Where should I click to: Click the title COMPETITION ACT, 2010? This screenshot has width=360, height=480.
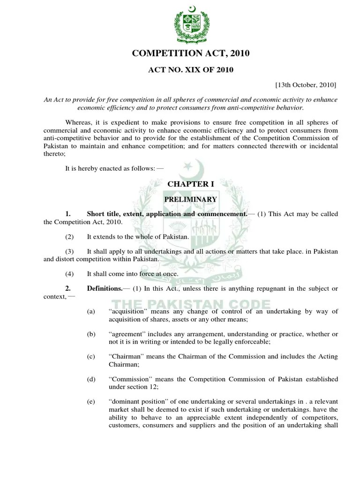pyautogui.click(x=190, y=54)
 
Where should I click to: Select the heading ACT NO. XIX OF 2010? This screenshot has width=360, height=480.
pyautogui.click(x=190, y=70)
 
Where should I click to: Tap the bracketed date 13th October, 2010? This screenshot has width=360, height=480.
pyautogui.click(x=306, y=85)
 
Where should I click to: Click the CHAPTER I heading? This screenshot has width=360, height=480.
pyautogui.click(x=190, y=184)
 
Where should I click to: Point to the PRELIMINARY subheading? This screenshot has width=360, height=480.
pyautogui.click(x=190, y=199)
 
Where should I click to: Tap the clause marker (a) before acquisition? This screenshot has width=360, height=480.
pyautogui.click(x=91, y=312)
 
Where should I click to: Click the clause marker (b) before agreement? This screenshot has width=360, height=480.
pyautogui.click(x=91, y=334)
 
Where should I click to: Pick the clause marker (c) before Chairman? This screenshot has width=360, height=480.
pyautogui.click(x=91, y=357)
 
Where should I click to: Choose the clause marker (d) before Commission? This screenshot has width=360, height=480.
pyautogui.click(x=91, y=379)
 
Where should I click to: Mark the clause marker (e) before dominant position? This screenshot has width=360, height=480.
pyautogui.click(x=91, y=402)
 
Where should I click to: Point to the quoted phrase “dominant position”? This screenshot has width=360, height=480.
pyautogui.click(x=138, y=402)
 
